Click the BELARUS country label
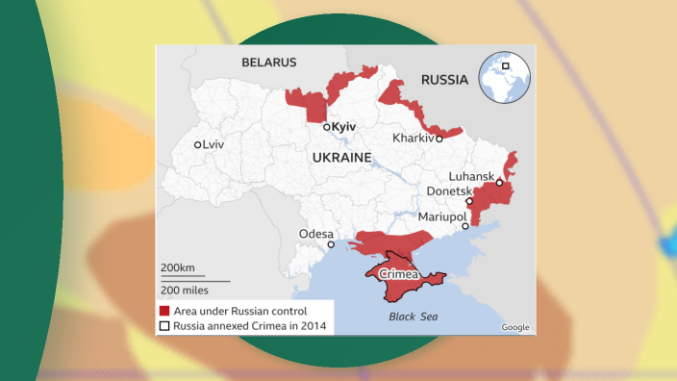pyautogui.click(x=269, y=62)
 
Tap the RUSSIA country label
pyautogui.click(x=444, y=80)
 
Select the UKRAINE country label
pyautogui.click(x=341, y=156)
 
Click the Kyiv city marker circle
pyautogui.click(x=327, y=127)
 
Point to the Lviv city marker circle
pyautogui.click(x=198, y=144)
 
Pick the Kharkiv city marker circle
pyautogui.click(x=439, y=138)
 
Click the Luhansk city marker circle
pyautogui.click(x=499, y=182)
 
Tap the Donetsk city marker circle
pyautogui.click(x=469, y=201)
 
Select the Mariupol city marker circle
pyautogui.click(x=465, y=227)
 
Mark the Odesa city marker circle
pyautogui.click(x=331, y=244)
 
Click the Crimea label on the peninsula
pyautogui.click(x=399, y=275)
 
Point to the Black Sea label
pyautogui.click(x=413, y=316)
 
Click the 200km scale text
pyautogui.click(x=178, y=267)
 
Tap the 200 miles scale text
pyautogui.click(x=184, y=290)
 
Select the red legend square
pyautogui.click(x=165, y=311)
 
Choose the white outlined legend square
pyautogui.click(x=165, y=326)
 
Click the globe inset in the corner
pyautogui.click(x=505, y=77)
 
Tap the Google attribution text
pyautogui.click(x=515, y=327)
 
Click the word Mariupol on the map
pyautogui.click(x=439, y=217)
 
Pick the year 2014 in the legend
pyautogui.click(x=313, y=326)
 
